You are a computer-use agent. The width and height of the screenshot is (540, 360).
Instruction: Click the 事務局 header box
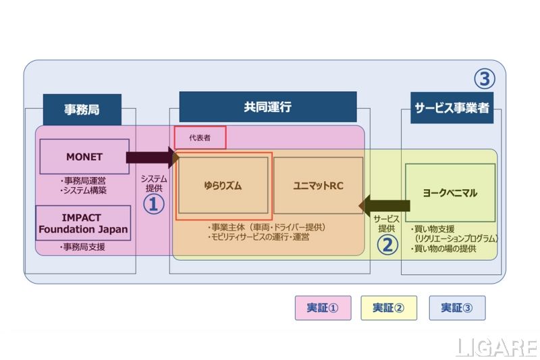pyautogui.click(x=82, y=109)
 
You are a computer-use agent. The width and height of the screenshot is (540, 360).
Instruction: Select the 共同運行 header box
pyautogui.click(x=267, y=107)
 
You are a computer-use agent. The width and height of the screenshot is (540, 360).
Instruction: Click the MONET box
pyautogui.click(x=84, y=157)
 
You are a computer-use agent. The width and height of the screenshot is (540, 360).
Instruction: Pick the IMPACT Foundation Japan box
pyautogui.click(x=83, y=224)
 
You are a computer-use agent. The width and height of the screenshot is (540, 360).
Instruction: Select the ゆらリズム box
pyautogui.click(x=223, y=185)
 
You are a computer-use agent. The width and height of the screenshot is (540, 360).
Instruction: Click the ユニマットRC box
pyautogui.click(x=318, y=185)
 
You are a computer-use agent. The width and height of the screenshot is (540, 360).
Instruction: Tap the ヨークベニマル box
pyautogui.click(x=450, y=192)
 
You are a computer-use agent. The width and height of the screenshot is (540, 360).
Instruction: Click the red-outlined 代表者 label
pyautogui.click(x=200, y=137)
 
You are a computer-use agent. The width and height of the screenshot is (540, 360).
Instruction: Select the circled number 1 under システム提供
pyautogui.click(x=153, y=204)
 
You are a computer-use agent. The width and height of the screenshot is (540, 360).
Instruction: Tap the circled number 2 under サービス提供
pyautogui.click(x=387, y=244)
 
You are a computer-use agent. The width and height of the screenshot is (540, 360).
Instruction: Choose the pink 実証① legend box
pyautogui.click(x=321, y=308)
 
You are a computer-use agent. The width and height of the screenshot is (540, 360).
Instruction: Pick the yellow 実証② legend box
pyautogui.click(x=389, y=308)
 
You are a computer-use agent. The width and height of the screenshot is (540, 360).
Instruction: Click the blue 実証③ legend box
pyautogui.click(x=456, y=308)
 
